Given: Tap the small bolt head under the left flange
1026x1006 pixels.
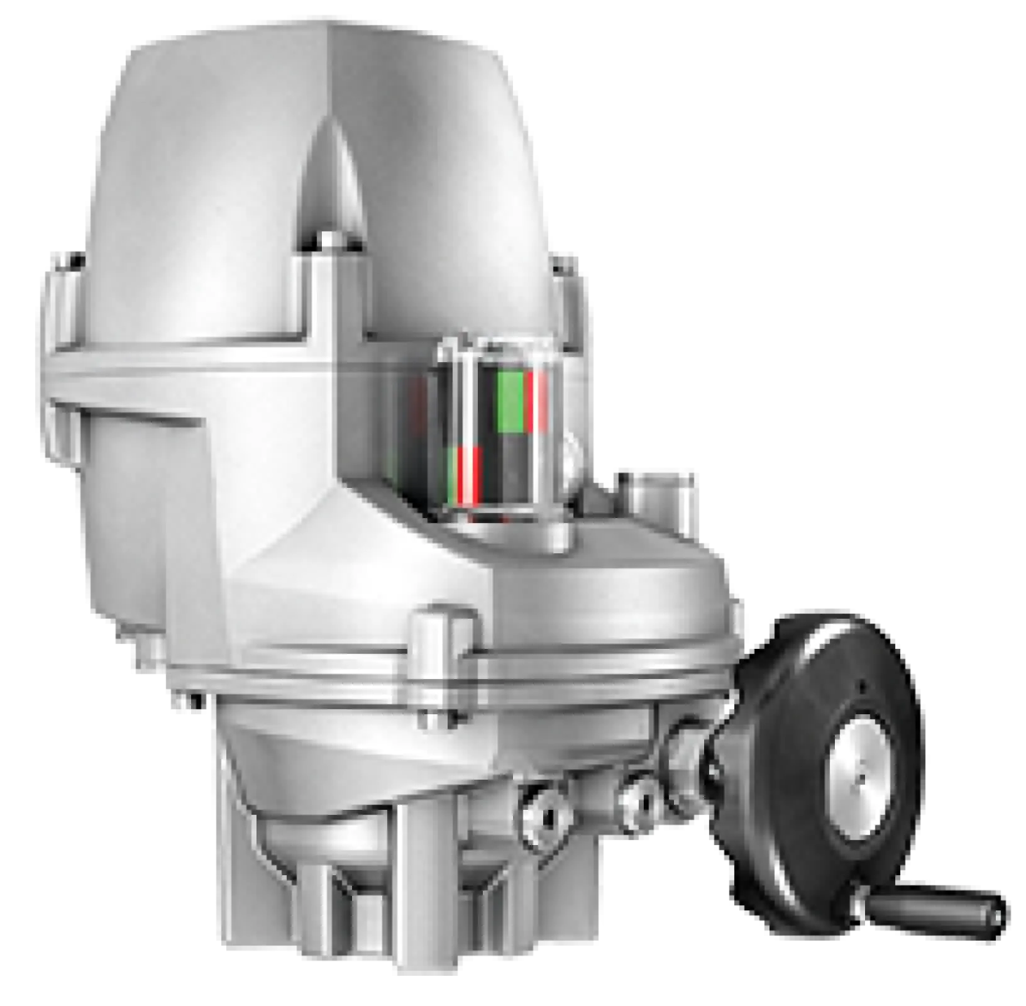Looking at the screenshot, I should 182,698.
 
